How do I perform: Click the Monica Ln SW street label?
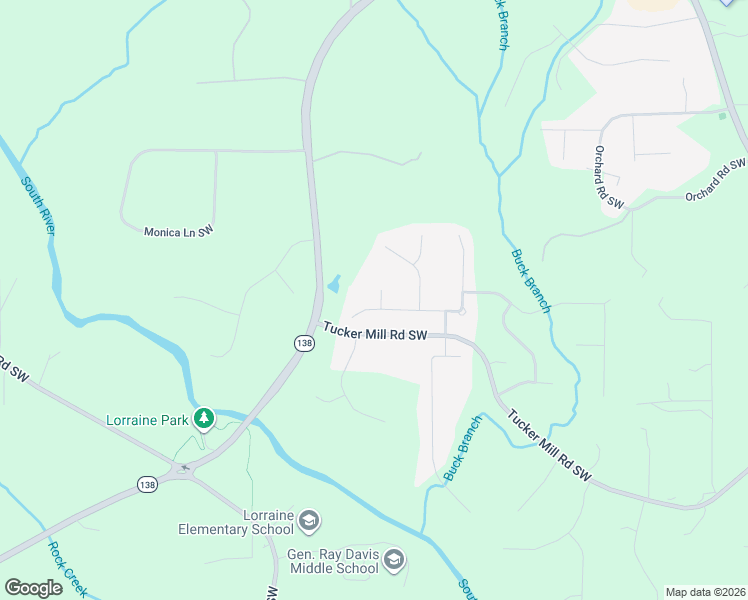point(179,231)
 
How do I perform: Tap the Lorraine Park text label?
point(148,419)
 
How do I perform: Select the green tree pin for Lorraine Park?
point(204,417)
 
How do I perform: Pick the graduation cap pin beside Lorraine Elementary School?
point(310,520)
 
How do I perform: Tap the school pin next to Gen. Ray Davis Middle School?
point(394,559)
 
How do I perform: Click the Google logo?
point(34,588)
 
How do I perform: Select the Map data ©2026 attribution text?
point(704,592)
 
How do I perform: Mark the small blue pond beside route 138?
point(333,284)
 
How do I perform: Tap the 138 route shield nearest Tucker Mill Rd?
point(305,343)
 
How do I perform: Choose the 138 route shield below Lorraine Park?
point(146,483)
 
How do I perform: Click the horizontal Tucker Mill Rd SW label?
point(375,332)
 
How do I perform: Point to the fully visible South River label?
point(38,206)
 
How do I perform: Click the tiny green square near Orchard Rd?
point(722,116)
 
